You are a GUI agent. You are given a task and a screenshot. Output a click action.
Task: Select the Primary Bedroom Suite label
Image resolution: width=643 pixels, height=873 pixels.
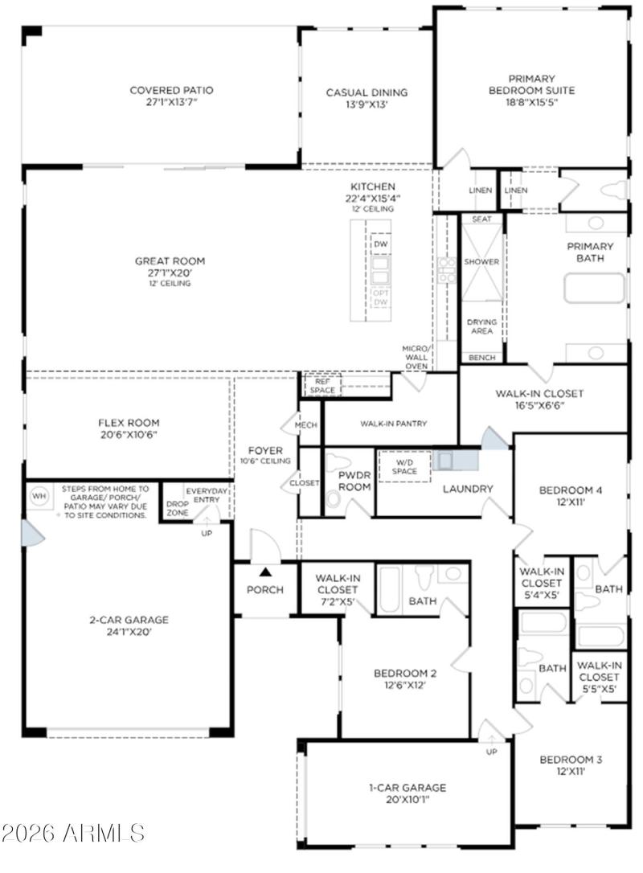[532, 84]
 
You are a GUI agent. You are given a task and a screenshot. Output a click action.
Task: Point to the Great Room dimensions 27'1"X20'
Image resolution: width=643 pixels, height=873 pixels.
[170, 273]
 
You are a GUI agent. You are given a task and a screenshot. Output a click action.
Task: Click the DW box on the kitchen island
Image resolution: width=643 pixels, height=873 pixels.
[380, 243]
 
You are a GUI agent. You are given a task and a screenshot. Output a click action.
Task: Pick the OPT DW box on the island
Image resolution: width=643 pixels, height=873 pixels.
[380, 297]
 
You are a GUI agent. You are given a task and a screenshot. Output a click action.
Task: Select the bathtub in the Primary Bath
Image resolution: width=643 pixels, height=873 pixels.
[594, 289]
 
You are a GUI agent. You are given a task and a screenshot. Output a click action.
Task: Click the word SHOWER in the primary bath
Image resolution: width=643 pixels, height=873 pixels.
[481, 262]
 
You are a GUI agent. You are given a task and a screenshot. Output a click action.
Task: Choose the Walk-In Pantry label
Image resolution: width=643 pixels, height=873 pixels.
[393, 424]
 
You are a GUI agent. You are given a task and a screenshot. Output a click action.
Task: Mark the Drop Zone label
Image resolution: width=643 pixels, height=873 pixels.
[178, 507]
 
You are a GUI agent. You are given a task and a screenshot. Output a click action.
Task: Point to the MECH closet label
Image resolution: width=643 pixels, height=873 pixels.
[306, 425]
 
